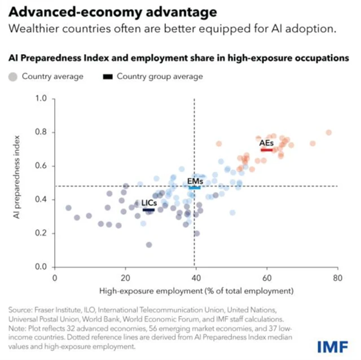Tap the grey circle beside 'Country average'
[x=12, y=76]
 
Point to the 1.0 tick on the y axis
[x=41, y=99]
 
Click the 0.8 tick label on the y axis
[x=41, y=133]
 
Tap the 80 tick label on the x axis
[x=337, y=278]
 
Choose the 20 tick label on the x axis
[x=125, y=278]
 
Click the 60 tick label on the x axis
[x=266, y=278]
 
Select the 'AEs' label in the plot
[x=266, y=143]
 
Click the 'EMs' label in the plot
[x=195, y=181]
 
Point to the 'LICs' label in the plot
[x=149, y=203]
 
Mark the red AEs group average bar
[x=267, y=150]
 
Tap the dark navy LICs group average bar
[x=149, y=210]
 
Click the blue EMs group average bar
[x=195, y=187]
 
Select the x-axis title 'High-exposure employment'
[x=197, y=291]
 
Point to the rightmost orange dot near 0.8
[x=328, y=133]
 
